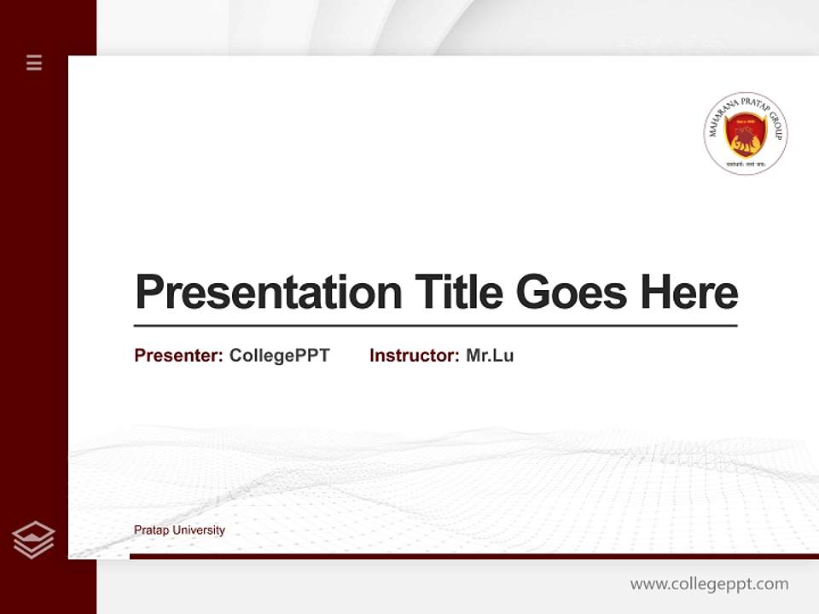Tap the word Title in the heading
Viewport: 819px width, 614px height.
[x=458, y=293]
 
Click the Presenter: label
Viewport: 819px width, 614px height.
[x=179, y=356]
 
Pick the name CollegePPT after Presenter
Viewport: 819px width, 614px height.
[x=279, y=356]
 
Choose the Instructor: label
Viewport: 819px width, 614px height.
[x=415, y=356]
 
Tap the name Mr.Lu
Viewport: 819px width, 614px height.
[x=490, y=356]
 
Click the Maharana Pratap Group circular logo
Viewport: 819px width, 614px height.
[x=746, y=134]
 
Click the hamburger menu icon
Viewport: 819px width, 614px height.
[x=34, y=62]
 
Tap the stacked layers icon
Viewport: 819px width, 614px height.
[x=33, y=540]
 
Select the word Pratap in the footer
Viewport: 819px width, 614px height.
[x=152, y=530]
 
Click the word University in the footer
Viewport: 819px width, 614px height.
[x=199, y=530]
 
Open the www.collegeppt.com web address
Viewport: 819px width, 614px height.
[x=709, y=584]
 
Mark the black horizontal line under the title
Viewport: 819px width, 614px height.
[x=435, y=326]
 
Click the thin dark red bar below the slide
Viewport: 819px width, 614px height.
[x=473, y=556]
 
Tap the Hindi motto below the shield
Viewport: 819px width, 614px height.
[x=745, y=163]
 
